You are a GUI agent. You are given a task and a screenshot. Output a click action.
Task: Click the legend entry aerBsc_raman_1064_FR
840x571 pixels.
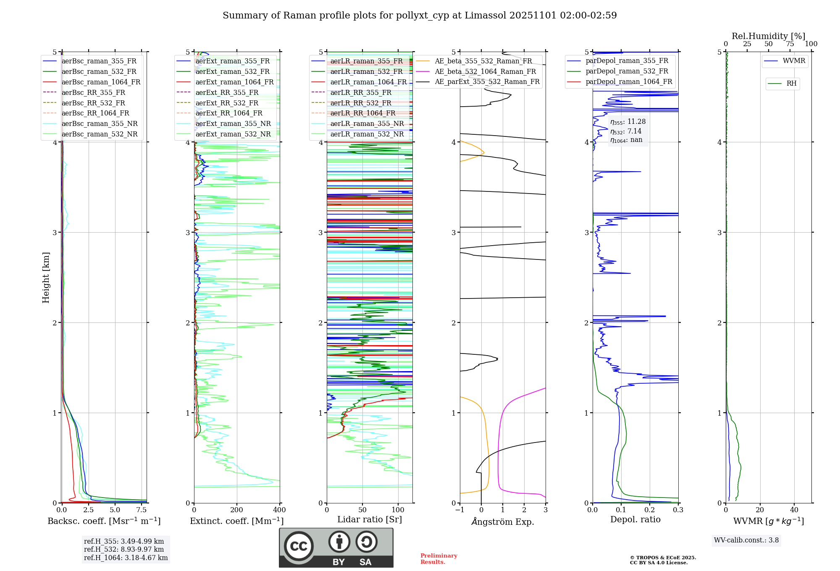click(101, 82)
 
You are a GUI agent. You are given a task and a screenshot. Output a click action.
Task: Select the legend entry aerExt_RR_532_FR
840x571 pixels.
click(227, 103)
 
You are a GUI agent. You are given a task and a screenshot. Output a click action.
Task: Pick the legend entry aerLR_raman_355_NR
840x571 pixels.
click(367, 123)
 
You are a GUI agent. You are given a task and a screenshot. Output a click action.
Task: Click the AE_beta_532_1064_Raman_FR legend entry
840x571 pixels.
click(485, 71)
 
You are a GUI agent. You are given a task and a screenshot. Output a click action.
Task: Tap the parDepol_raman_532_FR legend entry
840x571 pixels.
click(627, 71)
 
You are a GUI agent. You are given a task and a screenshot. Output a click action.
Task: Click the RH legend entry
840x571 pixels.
click(791, 84)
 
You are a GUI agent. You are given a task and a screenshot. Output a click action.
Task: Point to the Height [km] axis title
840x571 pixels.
click(46, 278)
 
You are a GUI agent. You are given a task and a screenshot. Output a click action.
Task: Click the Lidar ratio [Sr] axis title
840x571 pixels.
click(370, 519)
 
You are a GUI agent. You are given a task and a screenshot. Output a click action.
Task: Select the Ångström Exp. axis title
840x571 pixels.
click(503, 521)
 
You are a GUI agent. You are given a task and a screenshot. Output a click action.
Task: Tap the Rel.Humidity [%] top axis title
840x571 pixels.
click(768, 36)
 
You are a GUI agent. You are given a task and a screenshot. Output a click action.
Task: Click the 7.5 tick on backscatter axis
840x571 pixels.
click(142, 510)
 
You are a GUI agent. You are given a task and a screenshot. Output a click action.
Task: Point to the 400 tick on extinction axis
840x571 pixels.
click(280, 510)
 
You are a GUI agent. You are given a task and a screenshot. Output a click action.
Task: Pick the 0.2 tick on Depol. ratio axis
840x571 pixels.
click(650, 510)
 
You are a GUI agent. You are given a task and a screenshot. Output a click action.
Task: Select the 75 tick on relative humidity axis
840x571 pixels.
click(790, 44)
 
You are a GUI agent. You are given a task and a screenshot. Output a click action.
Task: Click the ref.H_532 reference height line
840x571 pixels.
click(124, 549)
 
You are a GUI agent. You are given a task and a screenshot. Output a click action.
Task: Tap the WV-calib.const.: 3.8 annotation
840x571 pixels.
click(746, 540)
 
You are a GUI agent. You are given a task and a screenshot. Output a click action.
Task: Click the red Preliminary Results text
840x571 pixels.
click(438, 558)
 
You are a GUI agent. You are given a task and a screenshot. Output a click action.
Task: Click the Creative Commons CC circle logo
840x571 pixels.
click(299, 546)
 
